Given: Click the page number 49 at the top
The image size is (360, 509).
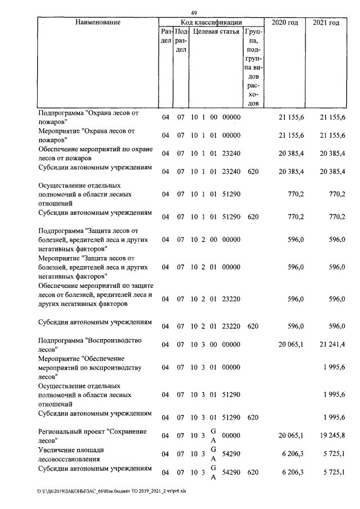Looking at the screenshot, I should (x=193, y=13).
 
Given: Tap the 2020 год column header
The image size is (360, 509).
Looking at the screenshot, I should (x=283, y=22).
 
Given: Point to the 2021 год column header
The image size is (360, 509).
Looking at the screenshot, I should (x=326, y=22).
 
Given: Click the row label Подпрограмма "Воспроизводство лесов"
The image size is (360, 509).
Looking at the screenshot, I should (x=89, y=344).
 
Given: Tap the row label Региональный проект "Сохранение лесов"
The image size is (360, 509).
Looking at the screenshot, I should (x=92, y=435).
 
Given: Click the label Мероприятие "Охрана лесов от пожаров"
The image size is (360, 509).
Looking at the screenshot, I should (x=87, y=135).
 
